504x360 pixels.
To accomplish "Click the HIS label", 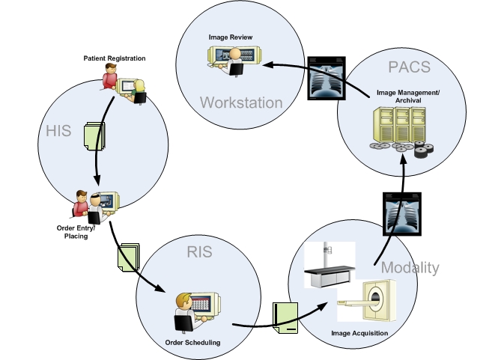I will pyautogui.click(x=58, y=132).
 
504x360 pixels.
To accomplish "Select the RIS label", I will pyautogui.click(x=200, y=251).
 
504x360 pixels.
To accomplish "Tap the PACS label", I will pyautogui.click(x=410, y=67).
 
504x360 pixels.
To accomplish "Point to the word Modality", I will pyautogui.click(x=410, y=268).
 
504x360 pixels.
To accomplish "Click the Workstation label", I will pyautogui.click(x=240, y=102).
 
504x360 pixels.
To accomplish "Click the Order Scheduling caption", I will pyautogui.click(x=193, y=343).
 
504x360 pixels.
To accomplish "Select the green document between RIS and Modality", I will pyautogui.click(x=285, y=317).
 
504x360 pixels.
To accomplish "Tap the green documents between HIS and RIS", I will pyautogui.click(x=128, y=260).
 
